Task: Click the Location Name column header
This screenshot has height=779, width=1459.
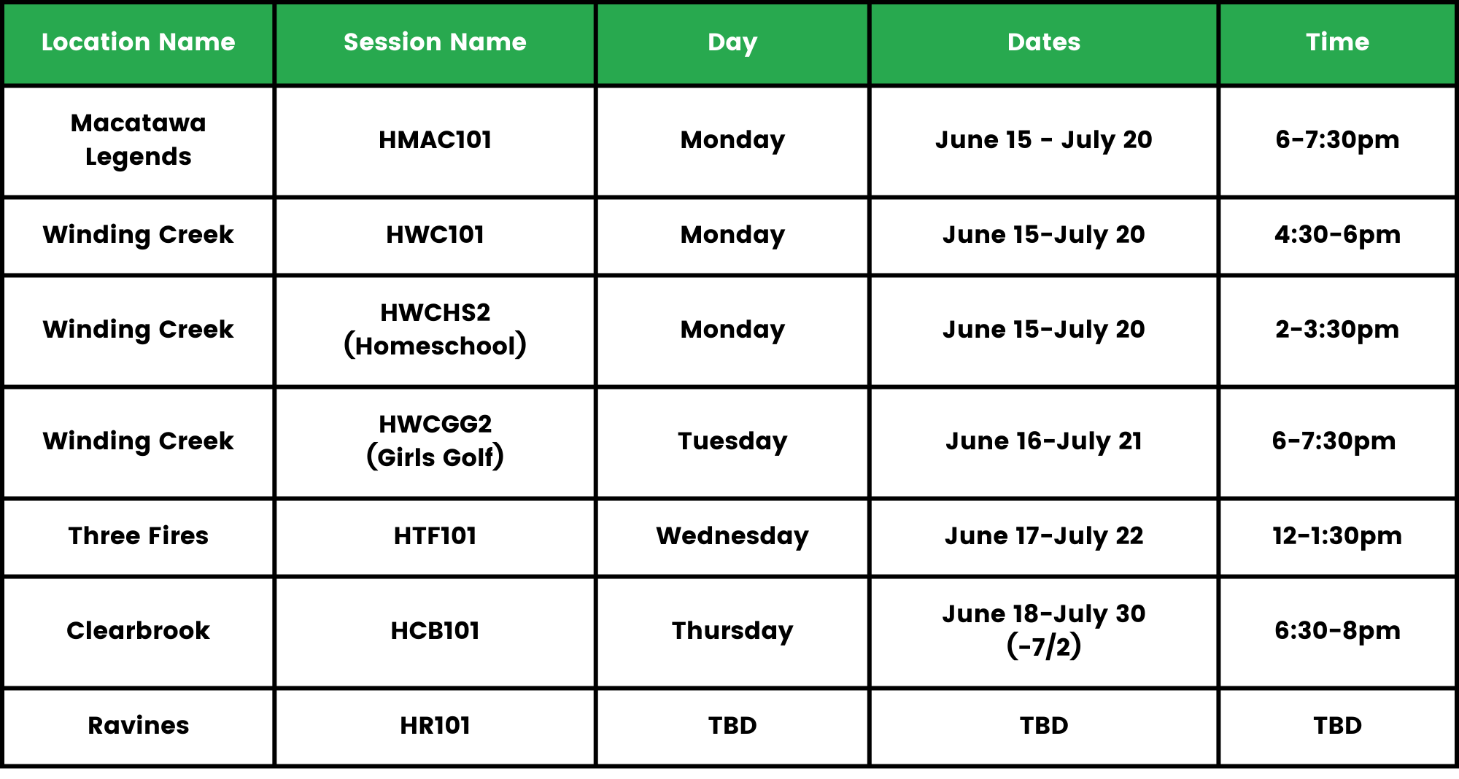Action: (x=139, y=42)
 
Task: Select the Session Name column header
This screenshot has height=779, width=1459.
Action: (x=435, y=42)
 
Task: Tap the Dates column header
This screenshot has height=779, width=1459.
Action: (x=1044, y=42)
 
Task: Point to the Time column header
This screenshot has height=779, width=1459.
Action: (x=1337, y=42)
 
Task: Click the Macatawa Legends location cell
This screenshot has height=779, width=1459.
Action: (x=139, y=140)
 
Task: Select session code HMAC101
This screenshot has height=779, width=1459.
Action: (x=435, y=140)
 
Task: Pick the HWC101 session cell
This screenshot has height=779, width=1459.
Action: (x=435, y=235)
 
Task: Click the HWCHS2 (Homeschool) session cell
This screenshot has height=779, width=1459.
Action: (x=435, y=330)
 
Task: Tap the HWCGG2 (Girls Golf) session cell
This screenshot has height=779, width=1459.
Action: (x=435, y=441)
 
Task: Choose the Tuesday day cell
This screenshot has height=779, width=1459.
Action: (x=732, y=441)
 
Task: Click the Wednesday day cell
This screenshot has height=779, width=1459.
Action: (x=732, y=536)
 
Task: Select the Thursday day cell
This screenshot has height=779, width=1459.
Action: (x=732, y=631)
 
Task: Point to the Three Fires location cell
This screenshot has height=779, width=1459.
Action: (x=139, y=536)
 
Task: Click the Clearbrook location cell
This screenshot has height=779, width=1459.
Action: (x=139, y=631)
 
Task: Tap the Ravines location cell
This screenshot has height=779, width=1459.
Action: (x=139, y=726)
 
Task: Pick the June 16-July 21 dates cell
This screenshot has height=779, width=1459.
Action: (x=1044, y=441)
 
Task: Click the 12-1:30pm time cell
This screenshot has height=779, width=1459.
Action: (x=1337, y=536)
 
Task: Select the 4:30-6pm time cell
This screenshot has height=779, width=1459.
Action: (x=1337, y=235)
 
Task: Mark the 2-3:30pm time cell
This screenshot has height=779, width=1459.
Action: (x=1337, y=330)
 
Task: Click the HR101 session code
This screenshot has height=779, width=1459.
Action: (x=435, y=726)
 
